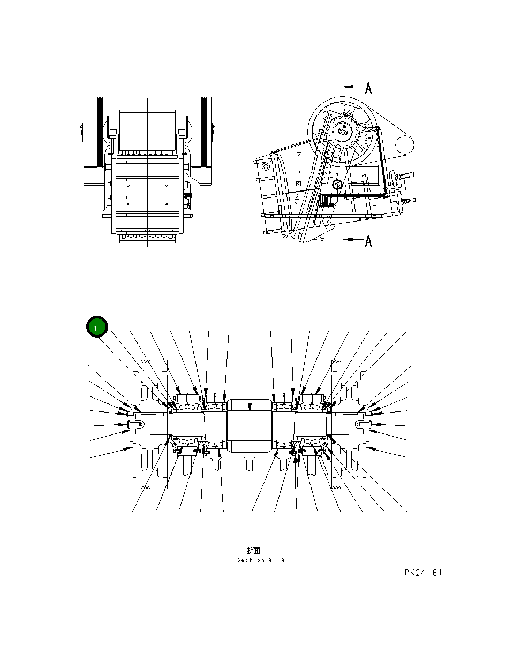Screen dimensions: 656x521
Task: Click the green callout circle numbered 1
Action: [x=97, y=327]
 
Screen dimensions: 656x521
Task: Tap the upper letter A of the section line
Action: [x=368, y=88]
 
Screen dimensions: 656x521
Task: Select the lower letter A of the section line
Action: [x=368, y=241]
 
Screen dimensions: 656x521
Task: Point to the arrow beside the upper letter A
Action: [x=351, y=86]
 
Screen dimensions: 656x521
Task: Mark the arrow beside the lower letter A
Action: [x=351, y=240]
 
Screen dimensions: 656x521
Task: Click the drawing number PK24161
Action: [x=423, y=573]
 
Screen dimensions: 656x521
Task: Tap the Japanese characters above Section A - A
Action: [x=253, y=550]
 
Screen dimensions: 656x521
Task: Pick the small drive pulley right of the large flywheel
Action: [x=405, y=143]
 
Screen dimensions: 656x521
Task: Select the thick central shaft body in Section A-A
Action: [x=250, y=426]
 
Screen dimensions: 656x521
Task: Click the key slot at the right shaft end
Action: [x=362, y=425]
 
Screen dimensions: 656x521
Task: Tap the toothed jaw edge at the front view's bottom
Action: [x=147, y=236]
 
